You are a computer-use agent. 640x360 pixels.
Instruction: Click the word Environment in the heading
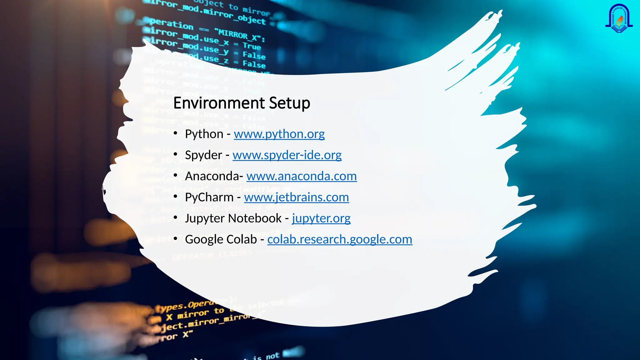[x=219, y=103]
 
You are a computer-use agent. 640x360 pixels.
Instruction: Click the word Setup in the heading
[x=289, y=103]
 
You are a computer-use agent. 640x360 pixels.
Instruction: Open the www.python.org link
[x=279, y=134]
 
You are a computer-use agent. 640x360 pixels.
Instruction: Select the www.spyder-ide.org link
[x=287, y=155]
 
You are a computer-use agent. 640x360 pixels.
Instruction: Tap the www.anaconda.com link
[x=302, y=176]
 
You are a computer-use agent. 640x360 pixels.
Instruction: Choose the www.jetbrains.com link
[x=296, y=197]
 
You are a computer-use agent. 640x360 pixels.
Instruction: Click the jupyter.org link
[x=321, y=218]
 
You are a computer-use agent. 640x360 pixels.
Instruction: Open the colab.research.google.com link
[x=340, y=239]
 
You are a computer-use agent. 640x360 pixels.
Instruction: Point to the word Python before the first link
[x=204, y=134]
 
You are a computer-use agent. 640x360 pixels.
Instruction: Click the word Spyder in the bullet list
[x=203, y=155]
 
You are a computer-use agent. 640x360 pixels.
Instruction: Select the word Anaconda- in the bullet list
[x=214, y=176]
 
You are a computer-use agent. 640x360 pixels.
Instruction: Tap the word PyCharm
[x=209, y=197]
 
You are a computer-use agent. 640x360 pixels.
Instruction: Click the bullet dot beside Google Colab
[x=176, y=239]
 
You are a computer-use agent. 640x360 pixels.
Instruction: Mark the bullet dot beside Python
[x=176, y=133]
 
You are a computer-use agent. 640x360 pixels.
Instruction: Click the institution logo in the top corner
[x=619, y=19]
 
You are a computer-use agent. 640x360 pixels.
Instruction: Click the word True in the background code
[x=252, y=46]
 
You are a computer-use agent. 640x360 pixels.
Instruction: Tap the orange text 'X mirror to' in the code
[x=195, y=314]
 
